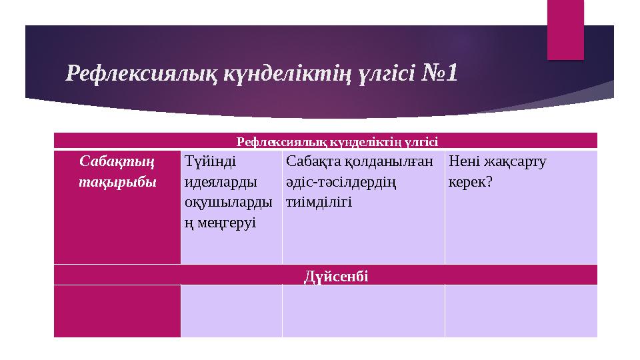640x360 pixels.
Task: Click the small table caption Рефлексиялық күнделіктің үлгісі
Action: click(x=337, y=141)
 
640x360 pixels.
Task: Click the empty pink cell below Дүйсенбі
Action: click(x=117, y=311)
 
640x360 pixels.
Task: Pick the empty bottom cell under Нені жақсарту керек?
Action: click(x=521, y=311)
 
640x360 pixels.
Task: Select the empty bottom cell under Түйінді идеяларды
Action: click(x=231, y=311)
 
